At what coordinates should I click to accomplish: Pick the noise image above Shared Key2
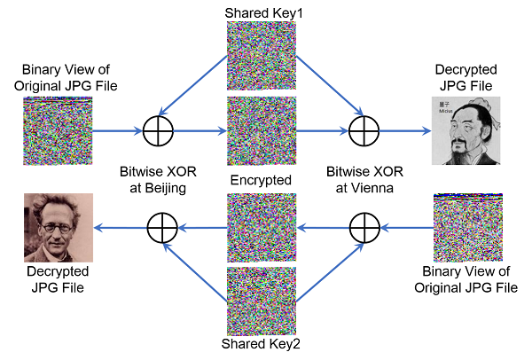click(262, 300)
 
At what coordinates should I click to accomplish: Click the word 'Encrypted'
click(262, 180)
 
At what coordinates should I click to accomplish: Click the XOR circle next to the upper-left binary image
click(160, 131)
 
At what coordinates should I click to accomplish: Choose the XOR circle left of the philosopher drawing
click(364, 131)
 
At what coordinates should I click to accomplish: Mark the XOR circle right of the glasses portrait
click(160, 228)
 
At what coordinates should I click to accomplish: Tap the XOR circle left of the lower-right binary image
click(364, 228)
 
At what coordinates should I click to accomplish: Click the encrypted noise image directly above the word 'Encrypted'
click(262, 131)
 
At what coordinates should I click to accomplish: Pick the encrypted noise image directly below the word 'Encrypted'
click(262, 228)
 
